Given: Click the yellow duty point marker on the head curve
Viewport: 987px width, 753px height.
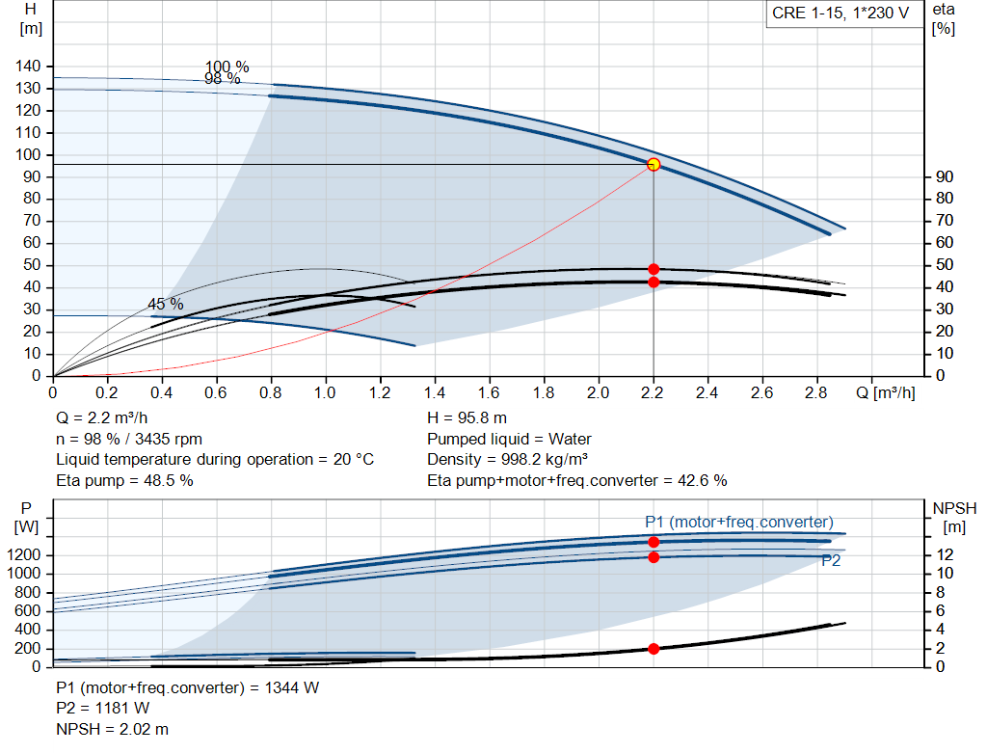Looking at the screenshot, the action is point(654,164).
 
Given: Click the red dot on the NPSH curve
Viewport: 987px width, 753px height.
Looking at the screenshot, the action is point(654,649).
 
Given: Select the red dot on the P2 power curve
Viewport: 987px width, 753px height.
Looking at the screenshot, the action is point(654,557).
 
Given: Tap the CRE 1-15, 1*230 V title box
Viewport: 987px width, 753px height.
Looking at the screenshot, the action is point(840,13).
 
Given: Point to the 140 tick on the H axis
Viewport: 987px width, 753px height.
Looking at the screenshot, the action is point(28,67).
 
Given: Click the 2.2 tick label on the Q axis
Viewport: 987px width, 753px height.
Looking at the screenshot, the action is point(653,392).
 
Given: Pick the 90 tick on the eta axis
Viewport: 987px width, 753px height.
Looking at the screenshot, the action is point(945,176).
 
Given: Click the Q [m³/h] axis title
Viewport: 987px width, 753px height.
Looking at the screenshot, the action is point(886,392).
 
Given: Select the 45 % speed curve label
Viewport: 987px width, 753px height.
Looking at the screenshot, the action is point(166,304).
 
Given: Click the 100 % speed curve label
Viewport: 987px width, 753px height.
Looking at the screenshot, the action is point(227,67).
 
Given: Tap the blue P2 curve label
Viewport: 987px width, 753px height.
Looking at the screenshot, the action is point(831,560).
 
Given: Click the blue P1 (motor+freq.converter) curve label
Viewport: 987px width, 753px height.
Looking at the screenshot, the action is point(739,522).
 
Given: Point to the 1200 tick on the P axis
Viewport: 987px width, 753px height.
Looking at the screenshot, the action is point(24,554).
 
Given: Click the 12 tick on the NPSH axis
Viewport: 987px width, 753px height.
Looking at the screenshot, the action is point(945,554).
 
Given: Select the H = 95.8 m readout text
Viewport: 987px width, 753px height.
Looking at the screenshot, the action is point(467,418).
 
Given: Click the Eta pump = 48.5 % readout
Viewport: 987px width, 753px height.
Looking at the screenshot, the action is point(124,481).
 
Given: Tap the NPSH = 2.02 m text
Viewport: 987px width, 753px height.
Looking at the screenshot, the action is point(112,729).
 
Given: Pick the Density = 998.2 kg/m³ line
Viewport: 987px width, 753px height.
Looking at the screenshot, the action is point(507,460).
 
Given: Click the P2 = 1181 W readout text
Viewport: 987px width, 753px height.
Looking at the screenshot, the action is point(102,709).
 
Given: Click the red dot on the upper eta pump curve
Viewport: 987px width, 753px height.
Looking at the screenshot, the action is point(654,269).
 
